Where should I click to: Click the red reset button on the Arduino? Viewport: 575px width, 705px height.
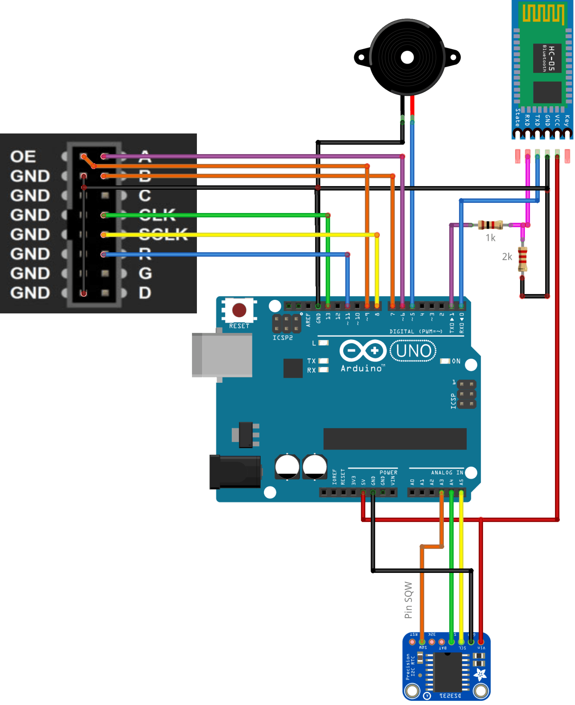pos(239,310)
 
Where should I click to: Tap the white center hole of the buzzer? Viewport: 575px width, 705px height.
pos(408,58)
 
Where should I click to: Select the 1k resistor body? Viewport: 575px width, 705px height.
pos(491,225)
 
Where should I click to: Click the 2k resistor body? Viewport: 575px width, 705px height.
pos(523,259)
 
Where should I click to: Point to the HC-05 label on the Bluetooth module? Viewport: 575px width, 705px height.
pos(551,58)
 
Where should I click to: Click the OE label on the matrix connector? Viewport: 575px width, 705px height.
pos(23,157)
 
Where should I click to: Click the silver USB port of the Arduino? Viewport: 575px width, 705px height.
pos(223,355)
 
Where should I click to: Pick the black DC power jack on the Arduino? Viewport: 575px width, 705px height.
pos(235,472)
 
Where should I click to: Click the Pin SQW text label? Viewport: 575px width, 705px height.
pos(409,600)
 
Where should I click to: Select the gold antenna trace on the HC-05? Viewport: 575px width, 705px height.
pos(544,14)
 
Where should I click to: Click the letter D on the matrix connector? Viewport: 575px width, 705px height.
pos(145,293)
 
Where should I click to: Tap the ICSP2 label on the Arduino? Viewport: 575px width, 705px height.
pos(283,338)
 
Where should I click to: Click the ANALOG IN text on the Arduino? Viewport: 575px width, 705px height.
pos(447,473)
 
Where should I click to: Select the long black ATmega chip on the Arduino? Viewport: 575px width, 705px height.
pos(395,439)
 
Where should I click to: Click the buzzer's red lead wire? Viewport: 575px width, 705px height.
pos(412,105)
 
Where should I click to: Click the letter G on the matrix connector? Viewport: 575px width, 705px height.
pos(145,273)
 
